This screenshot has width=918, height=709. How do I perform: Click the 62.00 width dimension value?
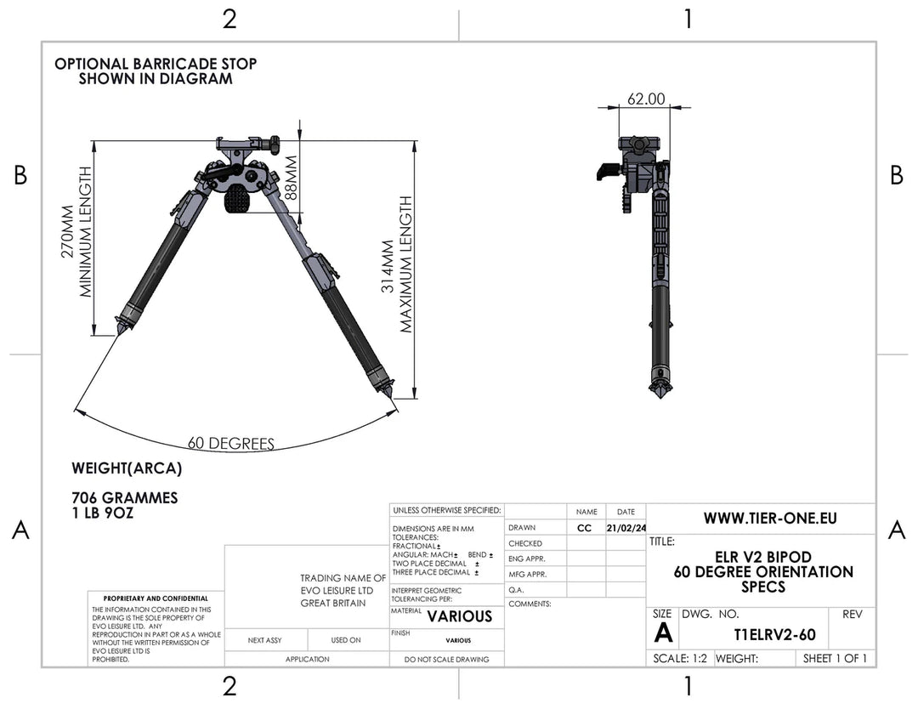pos(646,99)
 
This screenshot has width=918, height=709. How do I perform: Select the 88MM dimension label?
pos(292,177)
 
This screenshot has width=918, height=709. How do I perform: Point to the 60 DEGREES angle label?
pos(230,443)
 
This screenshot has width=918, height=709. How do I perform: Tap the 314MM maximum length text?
pos(387,264)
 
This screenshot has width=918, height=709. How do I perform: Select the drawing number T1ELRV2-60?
pos(774,635)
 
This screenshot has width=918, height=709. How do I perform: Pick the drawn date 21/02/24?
pos(626,528)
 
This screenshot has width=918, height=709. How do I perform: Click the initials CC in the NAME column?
pos(585,528)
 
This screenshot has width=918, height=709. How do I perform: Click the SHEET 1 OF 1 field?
pos(835,658)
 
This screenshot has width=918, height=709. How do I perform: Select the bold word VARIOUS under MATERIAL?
pos(459,616)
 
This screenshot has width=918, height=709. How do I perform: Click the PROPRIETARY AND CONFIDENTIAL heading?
pos(155,598)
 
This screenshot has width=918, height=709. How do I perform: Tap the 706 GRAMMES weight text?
pos(125,497)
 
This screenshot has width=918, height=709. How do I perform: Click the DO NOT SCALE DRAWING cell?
pos(446,660)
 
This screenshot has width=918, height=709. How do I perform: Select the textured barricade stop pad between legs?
pos(240,201)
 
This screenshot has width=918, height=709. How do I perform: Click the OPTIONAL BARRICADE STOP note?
pos(156,71)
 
